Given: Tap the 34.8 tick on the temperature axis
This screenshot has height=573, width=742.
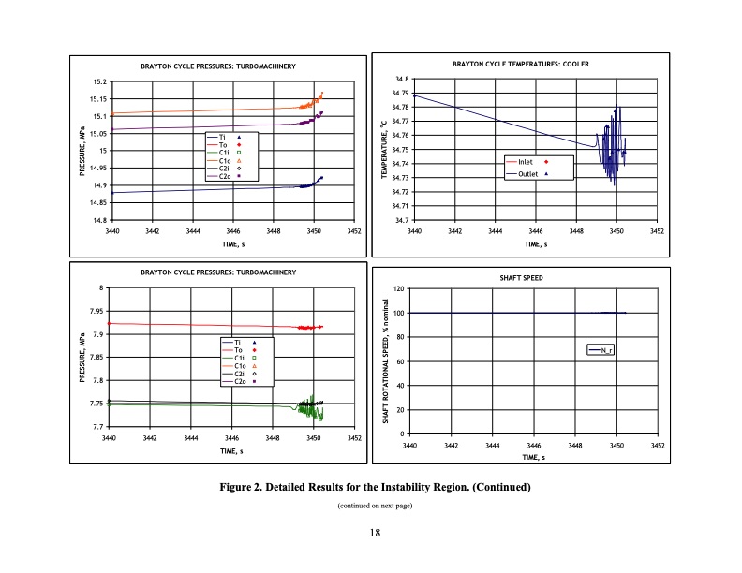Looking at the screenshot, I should coord(401,80).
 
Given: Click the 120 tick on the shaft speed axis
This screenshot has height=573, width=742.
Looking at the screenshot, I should coord(398,289).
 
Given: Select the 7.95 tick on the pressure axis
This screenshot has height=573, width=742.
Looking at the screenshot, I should coord(96,312).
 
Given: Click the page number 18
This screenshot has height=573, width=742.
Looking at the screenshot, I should coord(374,533).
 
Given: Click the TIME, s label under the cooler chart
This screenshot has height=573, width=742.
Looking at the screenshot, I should coord(534,245).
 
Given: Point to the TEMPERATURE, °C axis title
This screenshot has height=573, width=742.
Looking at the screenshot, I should coord(382,150).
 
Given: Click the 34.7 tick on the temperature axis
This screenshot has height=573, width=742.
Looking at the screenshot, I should coord(401,220).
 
